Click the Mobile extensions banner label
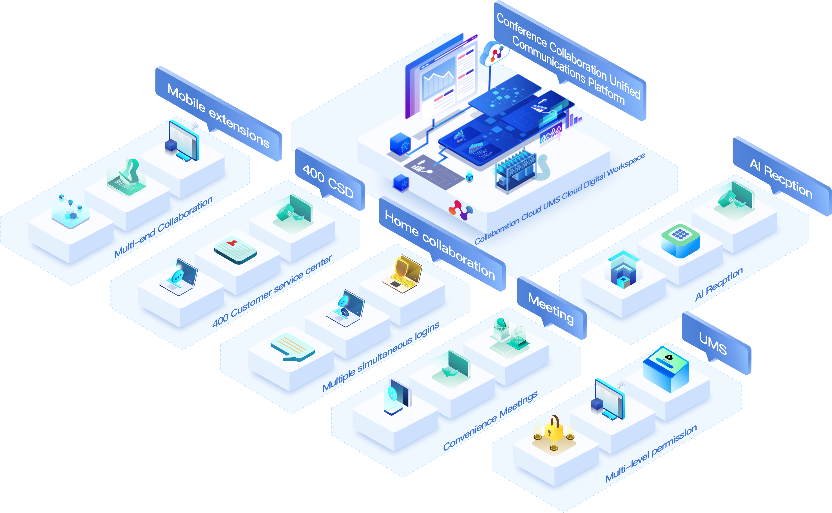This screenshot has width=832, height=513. tap(219, 115)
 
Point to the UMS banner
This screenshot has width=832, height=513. tap(713, 343)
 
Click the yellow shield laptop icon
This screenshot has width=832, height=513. tap(403, 273)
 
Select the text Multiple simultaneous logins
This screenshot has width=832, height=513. tap(381, 356)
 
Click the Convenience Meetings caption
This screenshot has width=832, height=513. tap(490, 421)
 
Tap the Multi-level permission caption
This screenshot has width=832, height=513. tap(651, 453)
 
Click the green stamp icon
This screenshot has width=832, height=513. tap(127, 177)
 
